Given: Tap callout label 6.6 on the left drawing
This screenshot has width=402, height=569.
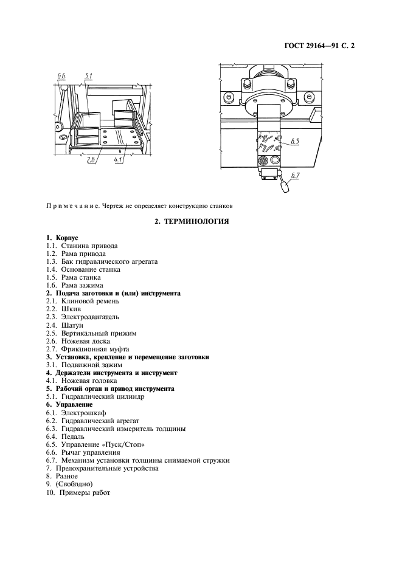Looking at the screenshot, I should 61,75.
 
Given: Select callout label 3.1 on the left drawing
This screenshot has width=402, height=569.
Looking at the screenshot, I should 89,75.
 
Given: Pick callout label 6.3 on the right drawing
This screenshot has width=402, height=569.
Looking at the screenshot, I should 296,142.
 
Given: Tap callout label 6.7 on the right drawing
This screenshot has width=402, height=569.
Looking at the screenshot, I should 296,176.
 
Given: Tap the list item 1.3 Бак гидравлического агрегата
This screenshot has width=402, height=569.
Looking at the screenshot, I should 101,261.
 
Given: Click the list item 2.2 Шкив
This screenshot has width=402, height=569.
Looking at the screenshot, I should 64,309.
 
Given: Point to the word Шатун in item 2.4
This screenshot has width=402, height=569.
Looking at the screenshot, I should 72,325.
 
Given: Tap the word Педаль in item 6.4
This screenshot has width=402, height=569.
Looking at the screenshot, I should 73,436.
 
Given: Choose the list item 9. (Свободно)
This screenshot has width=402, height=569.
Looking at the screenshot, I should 69,484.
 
